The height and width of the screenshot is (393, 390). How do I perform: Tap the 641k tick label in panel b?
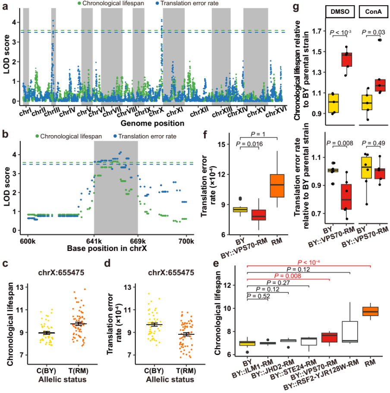[x=94, y=240]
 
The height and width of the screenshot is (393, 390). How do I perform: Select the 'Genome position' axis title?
[x=147, y=124]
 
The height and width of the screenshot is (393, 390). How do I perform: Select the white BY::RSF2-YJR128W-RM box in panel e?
[x=350, y=331]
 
